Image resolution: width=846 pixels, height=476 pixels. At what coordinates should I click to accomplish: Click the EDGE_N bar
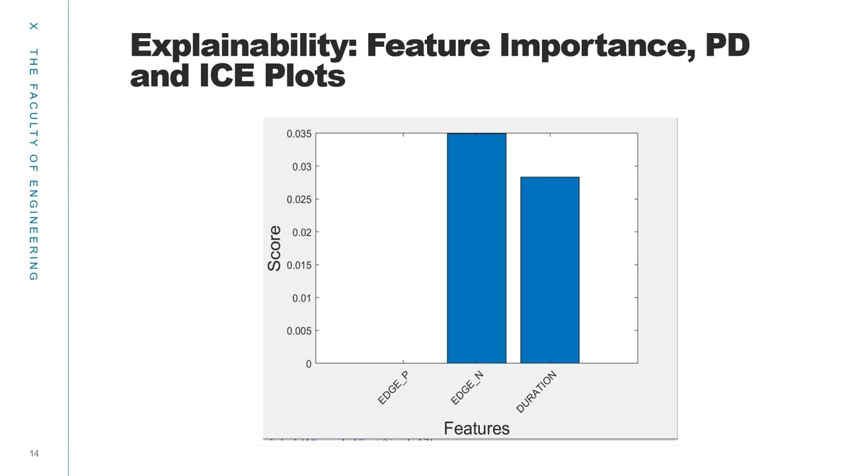click(477, 248)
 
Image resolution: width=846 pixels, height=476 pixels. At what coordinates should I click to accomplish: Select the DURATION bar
click(549, 270)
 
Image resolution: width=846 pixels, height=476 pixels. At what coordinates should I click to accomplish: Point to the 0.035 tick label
click(298, 134)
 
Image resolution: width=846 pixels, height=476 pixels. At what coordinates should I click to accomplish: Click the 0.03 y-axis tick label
click(301, 167)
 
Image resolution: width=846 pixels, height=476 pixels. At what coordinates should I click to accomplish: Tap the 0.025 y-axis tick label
click(298, 199)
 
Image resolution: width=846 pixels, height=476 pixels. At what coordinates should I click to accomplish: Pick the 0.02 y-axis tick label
click(301, 232)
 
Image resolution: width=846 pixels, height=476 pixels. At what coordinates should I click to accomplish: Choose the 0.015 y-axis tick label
click(298, 265)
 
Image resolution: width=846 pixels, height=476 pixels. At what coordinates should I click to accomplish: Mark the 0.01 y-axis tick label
click(301, 297)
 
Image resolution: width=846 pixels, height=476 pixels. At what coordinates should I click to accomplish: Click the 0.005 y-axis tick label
click(298, 331)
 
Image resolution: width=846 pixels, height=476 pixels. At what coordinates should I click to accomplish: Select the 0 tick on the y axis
click(308, 364)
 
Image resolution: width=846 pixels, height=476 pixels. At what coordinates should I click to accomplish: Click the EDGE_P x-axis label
click(393, 388)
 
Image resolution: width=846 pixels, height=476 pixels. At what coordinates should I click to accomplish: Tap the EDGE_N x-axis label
click(467, 388)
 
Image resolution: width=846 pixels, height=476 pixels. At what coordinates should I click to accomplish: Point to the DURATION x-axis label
click(536, 392)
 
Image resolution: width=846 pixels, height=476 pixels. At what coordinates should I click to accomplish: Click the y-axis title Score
click(274, 248)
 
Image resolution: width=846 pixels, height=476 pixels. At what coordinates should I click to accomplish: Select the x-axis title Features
click(477, 428)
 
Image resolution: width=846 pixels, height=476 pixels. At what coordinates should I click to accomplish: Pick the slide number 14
click(34, 454)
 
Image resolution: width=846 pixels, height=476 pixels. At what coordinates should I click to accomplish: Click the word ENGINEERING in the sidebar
click(34, 230)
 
